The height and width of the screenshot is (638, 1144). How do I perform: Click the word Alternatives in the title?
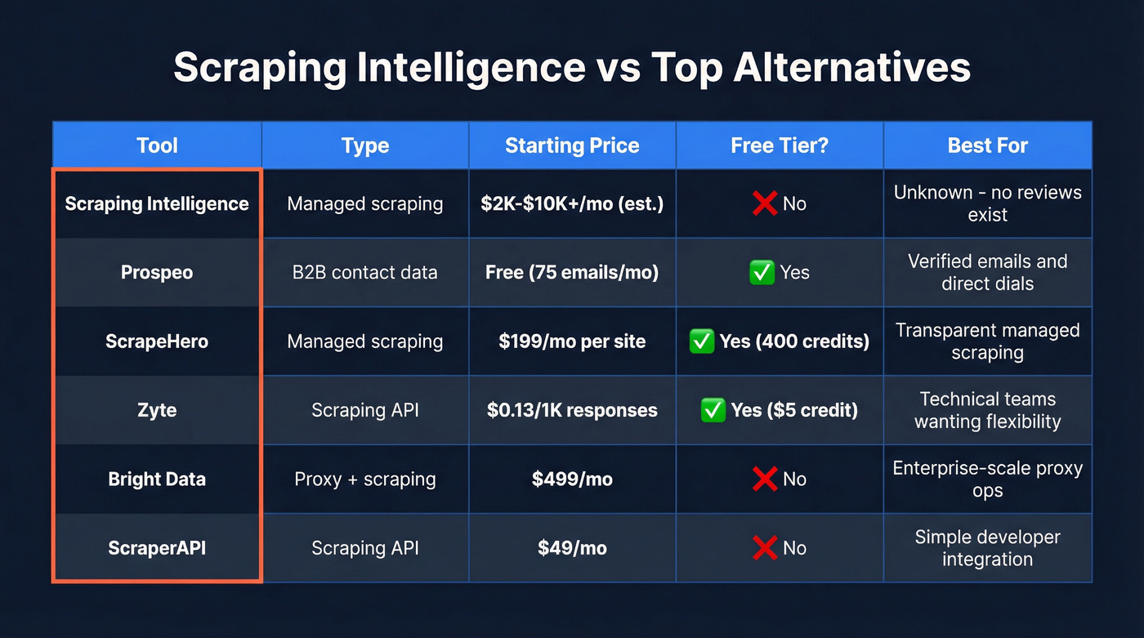coord(851,68)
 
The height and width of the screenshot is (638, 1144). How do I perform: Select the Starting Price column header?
coord(572,145)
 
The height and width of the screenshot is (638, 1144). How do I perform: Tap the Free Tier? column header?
coord(780,145)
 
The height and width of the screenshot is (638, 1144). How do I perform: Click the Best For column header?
coord(987,145)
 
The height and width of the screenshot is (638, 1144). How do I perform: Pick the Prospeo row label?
coord(157,272)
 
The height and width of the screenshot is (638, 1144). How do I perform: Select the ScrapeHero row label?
coord(157,341)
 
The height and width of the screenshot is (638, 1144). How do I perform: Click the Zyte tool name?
coord(157,410)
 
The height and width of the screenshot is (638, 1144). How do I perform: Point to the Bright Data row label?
coord(157,479)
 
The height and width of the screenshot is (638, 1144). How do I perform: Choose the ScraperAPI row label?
coord(157,547)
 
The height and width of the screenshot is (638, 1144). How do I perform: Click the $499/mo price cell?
coord(572,479)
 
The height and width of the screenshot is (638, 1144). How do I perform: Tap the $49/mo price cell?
coord(572,547)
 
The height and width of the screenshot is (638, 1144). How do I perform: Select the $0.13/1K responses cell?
coord(572,410)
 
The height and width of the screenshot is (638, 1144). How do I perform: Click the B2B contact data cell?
coord(364,272)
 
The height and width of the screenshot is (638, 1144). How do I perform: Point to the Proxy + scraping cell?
coord(364,479)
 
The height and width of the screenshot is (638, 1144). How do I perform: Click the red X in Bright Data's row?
coord(764,479)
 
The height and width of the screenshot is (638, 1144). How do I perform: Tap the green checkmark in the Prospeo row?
coord(762,272)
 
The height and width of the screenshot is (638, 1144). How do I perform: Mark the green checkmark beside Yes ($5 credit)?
coord(713,410)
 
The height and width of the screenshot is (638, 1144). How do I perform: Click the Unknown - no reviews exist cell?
coord(987,203)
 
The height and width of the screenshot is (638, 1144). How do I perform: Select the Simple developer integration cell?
coord(987,547)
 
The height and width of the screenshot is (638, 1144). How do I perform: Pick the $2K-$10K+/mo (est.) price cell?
coord(572,203)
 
